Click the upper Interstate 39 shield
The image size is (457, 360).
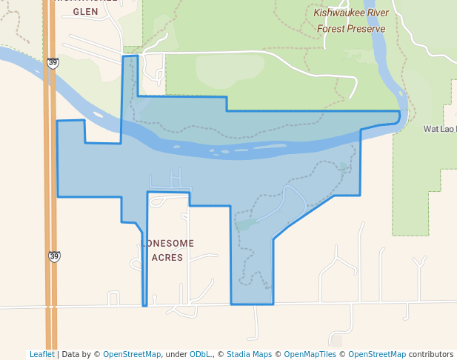coord(52,64)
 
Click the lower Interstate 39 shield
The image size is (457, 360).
coord(54,256)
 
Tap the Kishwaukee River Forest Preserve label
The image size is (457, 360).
coord(351,21)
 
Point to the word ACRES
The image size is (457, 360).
coord(167,258)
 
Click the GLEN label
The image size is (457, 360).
coord(85,12)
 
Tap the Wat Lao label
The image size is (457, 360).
coord(439,129)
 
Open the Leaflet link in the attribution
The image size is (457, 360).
coord(42,354)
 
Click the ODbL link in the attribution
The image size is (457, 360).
coord(199,354)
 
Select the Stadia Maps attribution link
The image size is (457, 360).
coord(249,354)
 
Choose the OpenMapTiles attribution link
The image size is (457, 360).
coord(310,354)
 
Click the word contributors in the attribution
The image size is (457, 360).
coord(430,354)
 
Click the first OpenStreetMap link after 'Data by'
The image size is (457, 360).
coord(132,354)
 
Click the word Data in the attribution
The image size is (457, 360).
coord(71,354)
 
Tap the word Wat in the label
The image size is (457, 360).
coord(431,129)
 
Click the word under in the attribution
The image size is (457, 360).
coord(176,354)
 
